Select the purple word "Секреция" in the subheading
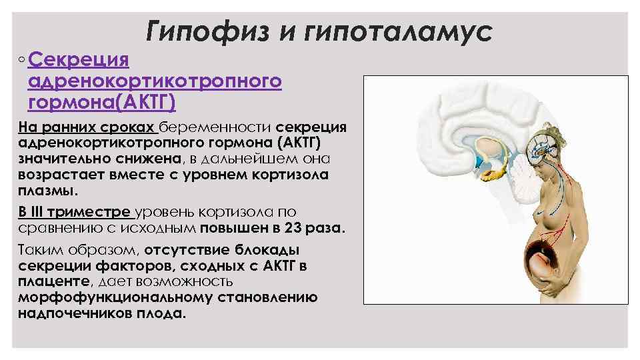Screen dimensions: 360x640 [79, 61]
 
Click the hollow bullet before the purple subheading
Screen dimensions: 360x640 [22, 61]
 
